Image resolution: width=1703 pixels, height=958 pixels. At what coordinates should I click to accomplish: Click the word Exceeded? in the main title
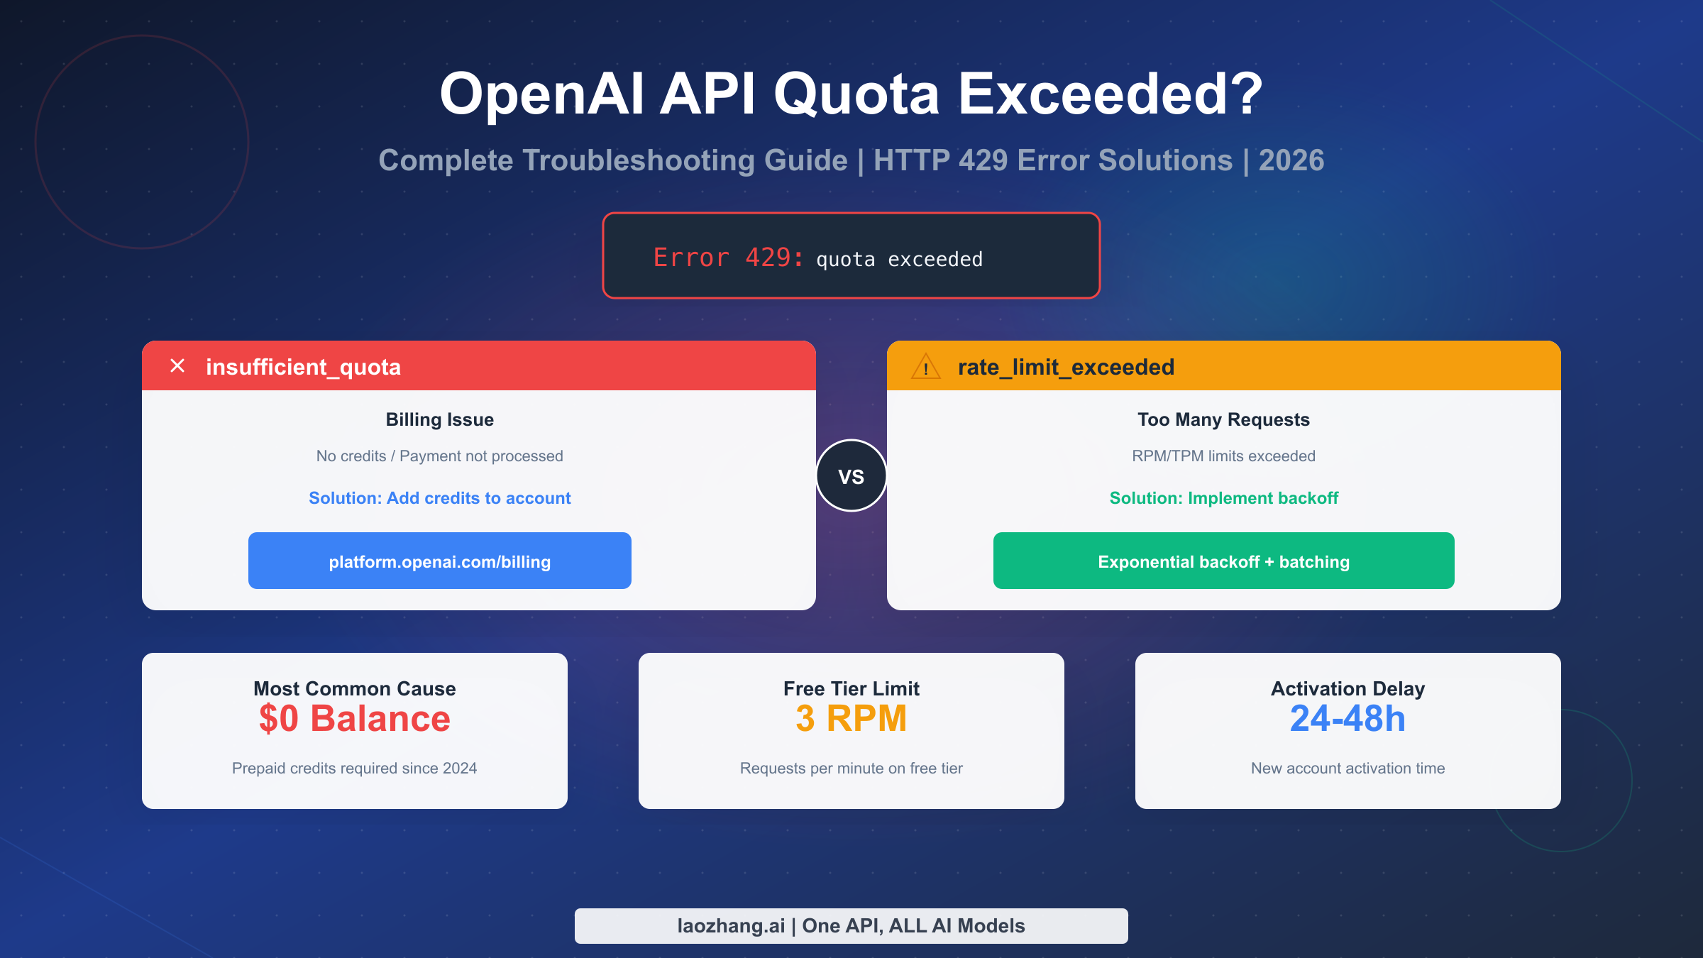point(1110,94)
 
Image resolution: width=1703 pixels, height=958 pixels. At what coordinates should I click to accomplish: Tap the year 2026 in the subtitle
point(1291,160)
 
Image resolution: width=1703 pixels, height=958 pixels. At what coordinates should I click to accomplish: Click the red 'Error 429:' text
point(728,258)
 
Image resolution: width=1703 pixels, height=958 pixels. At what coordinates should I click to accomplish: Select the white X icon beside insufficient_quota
point(177,365)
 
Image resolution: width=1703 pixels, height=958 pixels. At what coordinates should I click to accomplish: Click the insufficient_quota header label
point(303,367)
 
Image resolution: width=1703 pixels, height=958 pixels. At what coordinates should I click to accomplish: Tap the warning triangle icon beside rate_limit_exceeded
point(925,368)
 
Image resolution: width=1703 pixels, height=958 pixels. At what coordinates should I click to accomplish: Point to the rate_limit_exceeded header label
point(1066,367)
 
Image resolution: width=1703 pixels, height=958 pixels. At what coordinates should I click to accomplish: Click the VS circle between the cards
point(851,475)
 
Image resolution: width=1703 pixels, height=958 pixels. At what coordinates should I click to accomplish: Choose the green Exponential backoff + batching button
point(1223,561)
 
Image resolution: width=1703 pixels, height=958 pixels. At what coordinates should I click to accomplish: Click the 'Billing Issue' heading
point(439,419)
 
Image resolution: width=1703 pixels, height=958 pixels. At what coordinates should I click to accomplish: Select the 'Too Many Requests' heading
point(1223,419)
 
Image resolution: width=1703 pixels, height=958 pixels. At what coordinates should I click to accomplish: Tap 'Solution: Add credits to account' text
point(439,498)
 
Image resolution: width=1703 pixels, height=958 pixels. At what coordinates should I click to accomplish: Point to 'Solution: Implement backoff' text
point(1223,498)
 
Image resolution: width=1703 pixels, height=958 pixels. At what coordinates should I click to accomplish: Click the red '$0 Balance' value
point(354,718)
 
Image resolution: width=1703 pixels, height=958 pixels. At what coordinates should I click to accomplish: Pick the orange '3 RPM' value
point(851,718)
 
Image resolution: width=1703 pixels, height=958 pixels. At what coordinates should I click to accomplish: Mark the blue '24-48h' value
point(1347,718)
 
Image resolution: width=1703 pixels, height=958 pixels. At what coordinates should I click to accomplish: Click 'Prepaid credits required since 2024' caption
point(354,768)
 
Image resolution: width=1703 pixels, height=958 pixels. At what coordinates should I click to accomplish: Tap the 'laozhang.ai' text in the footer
point(731,925)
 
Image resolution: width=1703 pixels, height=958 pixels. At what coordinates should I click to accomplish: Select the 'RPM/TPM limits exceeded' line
point(1223,456)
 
